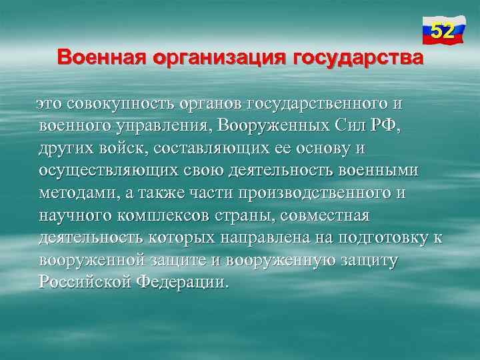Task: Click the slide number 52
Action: pos(443,31)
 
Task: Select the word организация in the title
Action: pos(217,57)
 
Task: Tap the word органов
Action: pos(211,104)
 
